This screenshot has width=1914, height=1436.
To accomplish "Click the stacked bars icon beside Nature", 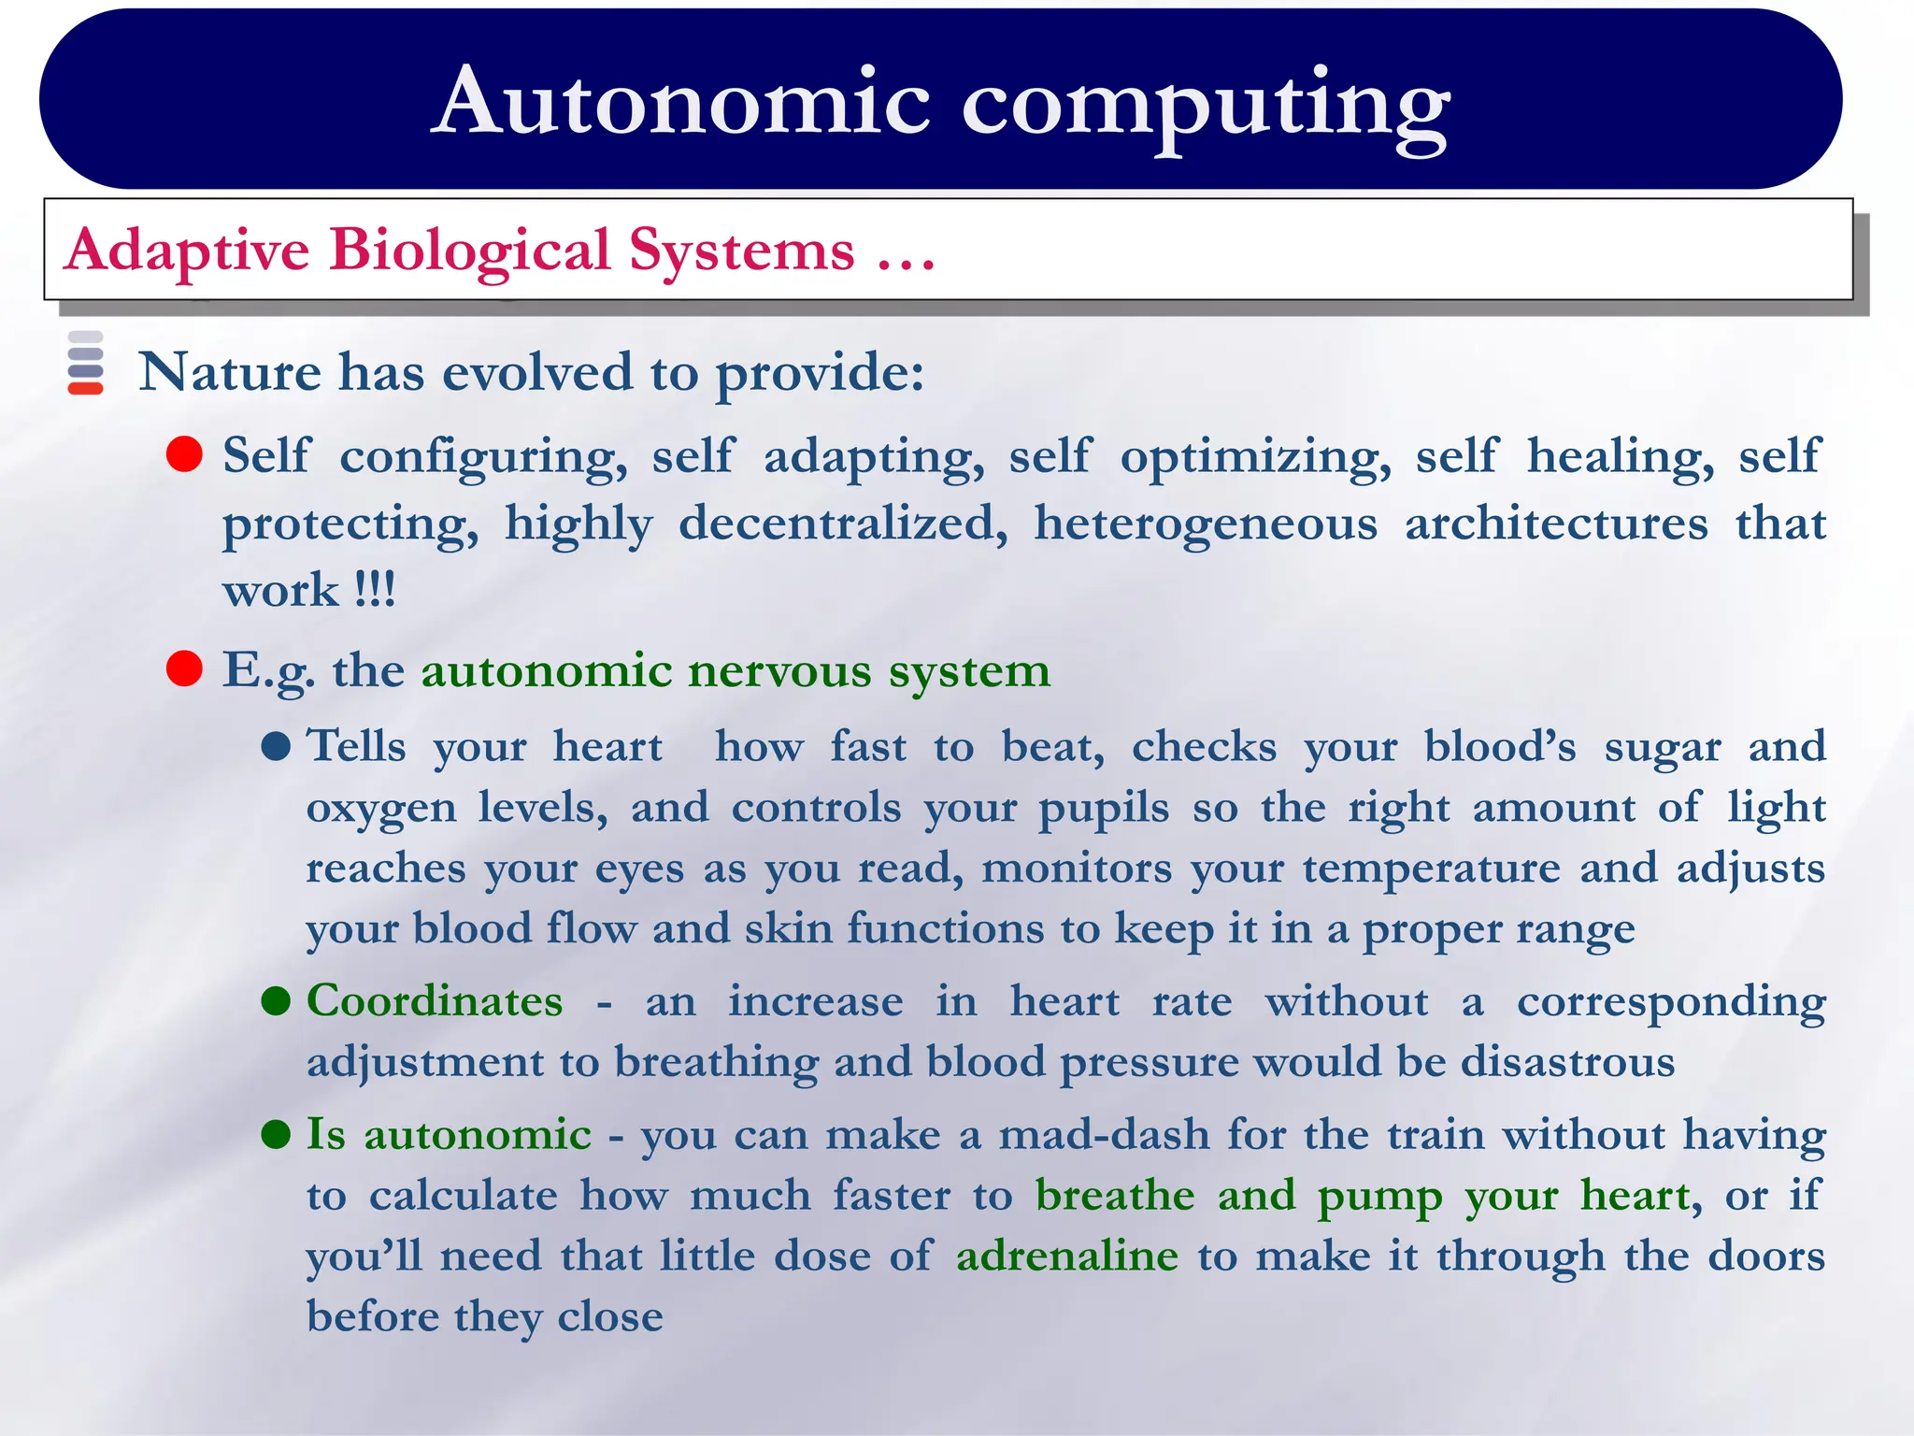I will tap(86, 364).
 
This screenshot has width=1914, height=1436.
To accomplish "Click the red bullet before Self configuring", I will tap(185, 455).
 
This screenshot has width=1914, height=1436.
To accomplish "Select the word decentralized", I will tap(843, 524).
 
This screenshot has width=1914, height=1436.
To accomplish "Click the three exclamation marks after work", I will tap(376, 590).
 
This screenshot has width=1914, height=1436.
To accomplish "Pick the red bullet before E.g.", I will tap(185, 669).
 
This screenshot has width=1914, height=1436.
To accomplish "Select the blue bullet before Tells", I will tap(277, 747).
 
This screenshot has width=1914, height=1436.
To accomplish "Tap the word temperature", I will tap(1431, 869).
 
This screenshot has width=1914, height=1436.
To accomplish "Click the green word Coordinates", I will tap(435, 1001).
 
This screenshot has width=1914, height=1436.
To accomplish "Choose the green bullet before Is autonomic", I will tap(277, 1135).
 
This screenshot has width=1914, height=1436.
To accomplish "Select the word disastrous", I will tap(1567, 1062).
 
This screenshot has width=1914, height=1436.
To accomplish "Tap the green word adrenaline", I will tap(1066, 1256).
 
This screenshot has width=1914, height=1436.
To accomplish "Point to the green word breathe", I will tap(1115, 1195).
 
